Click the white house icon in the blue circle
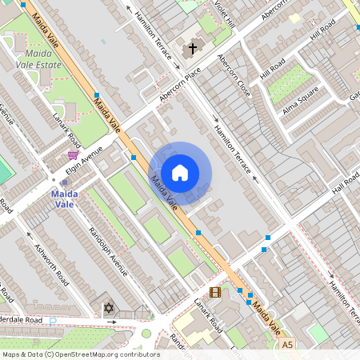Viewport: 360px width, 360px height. point(180,173)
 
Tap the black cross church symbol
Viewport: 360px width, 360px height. point(192,49)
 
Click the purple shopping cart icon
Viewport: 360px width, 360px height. point(73,154)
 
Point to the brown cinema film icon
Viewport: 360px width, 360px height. point(214,292)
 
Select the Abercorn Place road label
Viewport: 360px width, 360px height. point(179,82)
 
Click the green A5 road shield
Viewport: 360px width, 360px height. point(288,344)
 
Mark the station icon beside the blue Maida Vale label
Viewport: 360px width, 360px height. point(63,183)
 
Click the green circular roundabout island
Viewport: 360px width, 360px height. point(146,333)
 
